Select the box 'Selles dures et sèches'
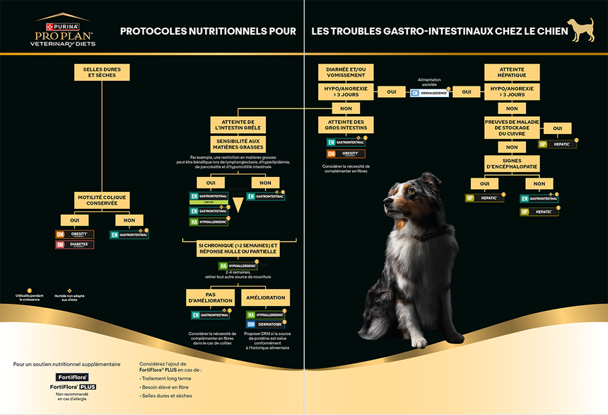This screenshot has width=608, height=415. pyautogui.click(x=102, y=72)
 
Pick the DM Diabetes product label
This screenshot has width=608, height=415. pyautogui.click(x=74, y=244)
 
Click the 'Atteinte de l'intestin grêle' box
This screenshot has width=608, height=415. pyautogui.click(x=237, y=125)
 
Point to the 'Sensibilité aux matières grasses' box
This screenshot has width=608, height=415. pyautogui.click(x=237, y=144)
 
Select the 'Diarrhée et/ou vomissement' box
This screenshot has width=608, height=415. pyautogui.click(x=346, y=72)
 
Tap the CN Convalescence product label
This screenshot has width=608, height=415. pyautogui.click(x=429, y=93)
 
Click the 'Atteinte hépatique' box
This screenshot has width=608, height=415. pyautogui.click(x=512, y=72)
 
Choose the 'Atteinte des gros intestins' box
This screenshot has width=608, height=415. pyautogui.click(x=346, y=125)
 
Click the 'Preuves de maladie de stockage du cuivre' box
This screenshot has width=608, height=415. pyautogui.click(x=512, y=128)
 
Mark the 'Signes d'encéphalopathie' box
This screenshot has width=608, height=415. pyautogui.click(x=512, y=164)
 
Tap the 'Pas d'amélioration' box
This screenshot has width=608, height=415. pyautogui.click(x=210, y=297)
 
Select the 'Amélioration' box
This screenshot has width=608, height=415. pyautogui.click(x=265, y=297)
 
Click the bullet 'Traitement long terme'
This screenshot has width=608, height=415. pyautogui.click(x=168, y=379)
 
